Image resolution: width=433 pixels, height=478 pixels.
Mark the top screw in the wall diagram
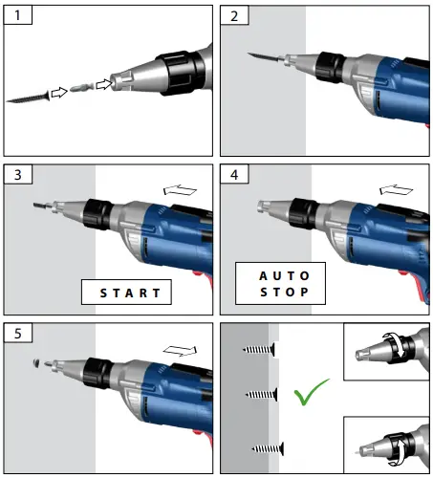click(259, 351)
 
